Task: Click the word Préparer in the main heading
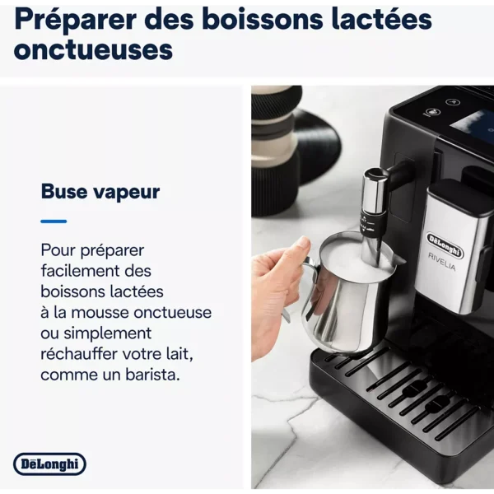click(75, 20)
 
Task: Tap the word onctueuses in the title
click(93, 49)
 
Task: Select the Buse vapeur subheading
click(100, 191)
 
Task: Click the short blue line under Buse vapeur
click(54, 221)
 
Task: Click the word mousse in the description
click(100, 313)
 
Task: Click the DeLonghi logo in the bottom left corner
click(49, 464)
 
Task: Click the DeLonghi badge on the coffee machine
click(445, 245)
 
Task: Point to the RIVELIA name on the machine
click(441, 261)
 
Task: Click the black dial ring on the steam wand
click(371, 224)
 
